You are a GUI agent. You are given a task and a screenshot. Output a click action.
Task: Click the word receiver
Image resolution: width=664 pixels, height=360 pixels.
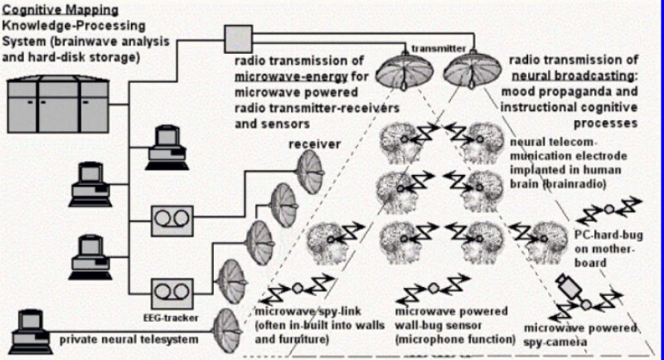click(x=315, y=144)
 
